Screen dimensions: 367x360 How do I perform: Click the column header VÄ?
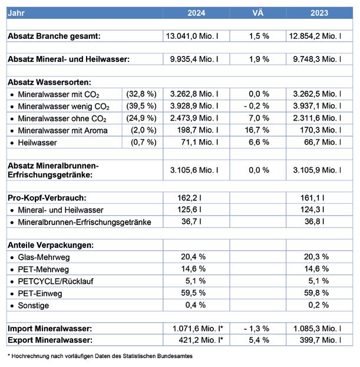pyautogui.click(x=257, y=12)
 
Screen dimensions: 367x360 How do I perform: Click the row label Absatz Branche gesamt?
pyautogui.click(x=54, y=37)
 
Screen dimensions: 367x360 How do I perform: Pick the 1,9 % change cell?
pyautogui.click(x=257, y=59)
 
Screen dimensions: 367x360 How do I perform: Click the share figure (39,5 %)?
pyautogui.click(x=141, y=106)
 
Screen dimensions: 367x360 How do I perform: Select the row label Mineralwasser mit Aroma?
pyautogui.click(x=63, y=131)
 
